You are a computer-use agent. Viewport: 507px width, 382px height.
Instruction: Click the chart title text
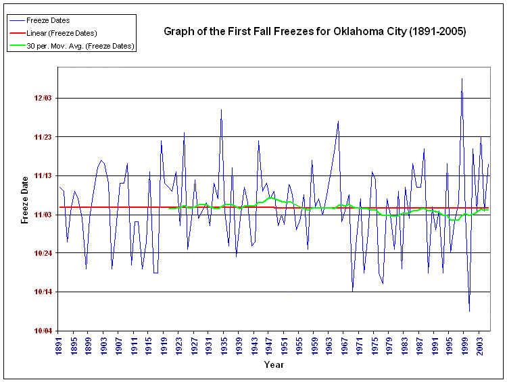[315, 32]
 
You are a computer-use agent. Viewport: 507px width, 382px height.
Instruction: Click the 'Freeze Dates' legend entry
[48, 20]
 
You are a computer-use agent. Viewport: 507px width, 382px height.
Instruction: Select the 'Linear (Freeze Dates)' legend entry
[62, 33]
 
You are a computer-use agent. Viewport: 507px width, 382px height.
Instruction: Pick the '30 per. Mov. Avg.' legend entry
[80, 46]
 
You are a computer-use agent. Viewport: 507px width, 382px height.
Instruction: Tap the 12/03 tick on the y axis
[43, 99]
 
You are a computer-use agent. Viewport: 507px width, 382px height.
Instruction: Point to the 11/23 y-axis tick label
[43, 137]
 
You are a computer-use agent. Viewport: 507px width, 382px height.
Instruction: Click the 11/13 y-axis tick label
[43, 176]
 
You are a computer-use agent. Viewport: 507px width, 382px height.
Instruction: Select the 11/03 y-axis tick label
[43, 215]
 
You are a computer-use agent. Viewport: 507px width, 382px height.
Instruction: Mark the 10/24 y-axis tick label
[43, 253]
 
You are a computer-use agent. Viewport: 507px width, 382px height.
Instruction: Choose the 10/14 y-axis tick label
[43, 292]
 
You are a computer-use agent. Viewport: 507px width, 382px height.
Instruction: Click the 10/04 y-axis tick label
[43, 331]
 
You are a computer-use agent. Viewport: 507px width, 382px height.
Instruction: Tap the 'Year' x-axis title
[274, 365]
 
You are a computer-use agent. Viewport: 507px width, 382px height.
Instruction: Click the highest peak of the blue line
[462, 78]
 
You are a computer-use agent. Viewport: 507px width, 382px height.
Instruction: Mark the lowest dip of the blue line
[469, 311]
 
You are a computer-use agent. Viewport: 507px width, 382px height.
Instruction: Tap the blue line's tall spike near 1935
[221, 109]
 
